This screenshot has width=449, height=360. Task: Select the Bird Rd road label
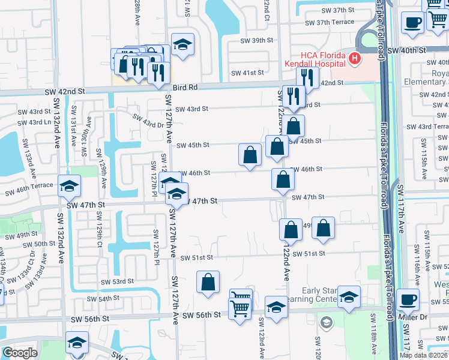tap(185, 87)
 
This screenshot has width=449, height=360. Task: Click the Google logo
tap(20, 353)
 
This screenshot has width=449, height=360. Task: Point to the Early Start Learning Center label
tap(323, 295)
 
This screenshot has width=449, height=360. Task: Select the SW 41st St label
tap(248, 73)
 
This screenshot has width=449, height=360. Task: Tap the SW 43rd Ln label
tap(33, 122)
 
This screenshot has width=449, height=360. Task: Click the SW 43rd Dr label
tap(148, 121)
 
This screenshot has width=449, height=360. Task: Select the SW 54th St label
tap(103, 298)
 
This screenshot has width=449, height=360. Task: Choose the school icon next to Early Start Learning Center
tap(348, 296)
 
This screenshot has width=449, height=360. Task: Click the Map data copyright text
tap(424, 355)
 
